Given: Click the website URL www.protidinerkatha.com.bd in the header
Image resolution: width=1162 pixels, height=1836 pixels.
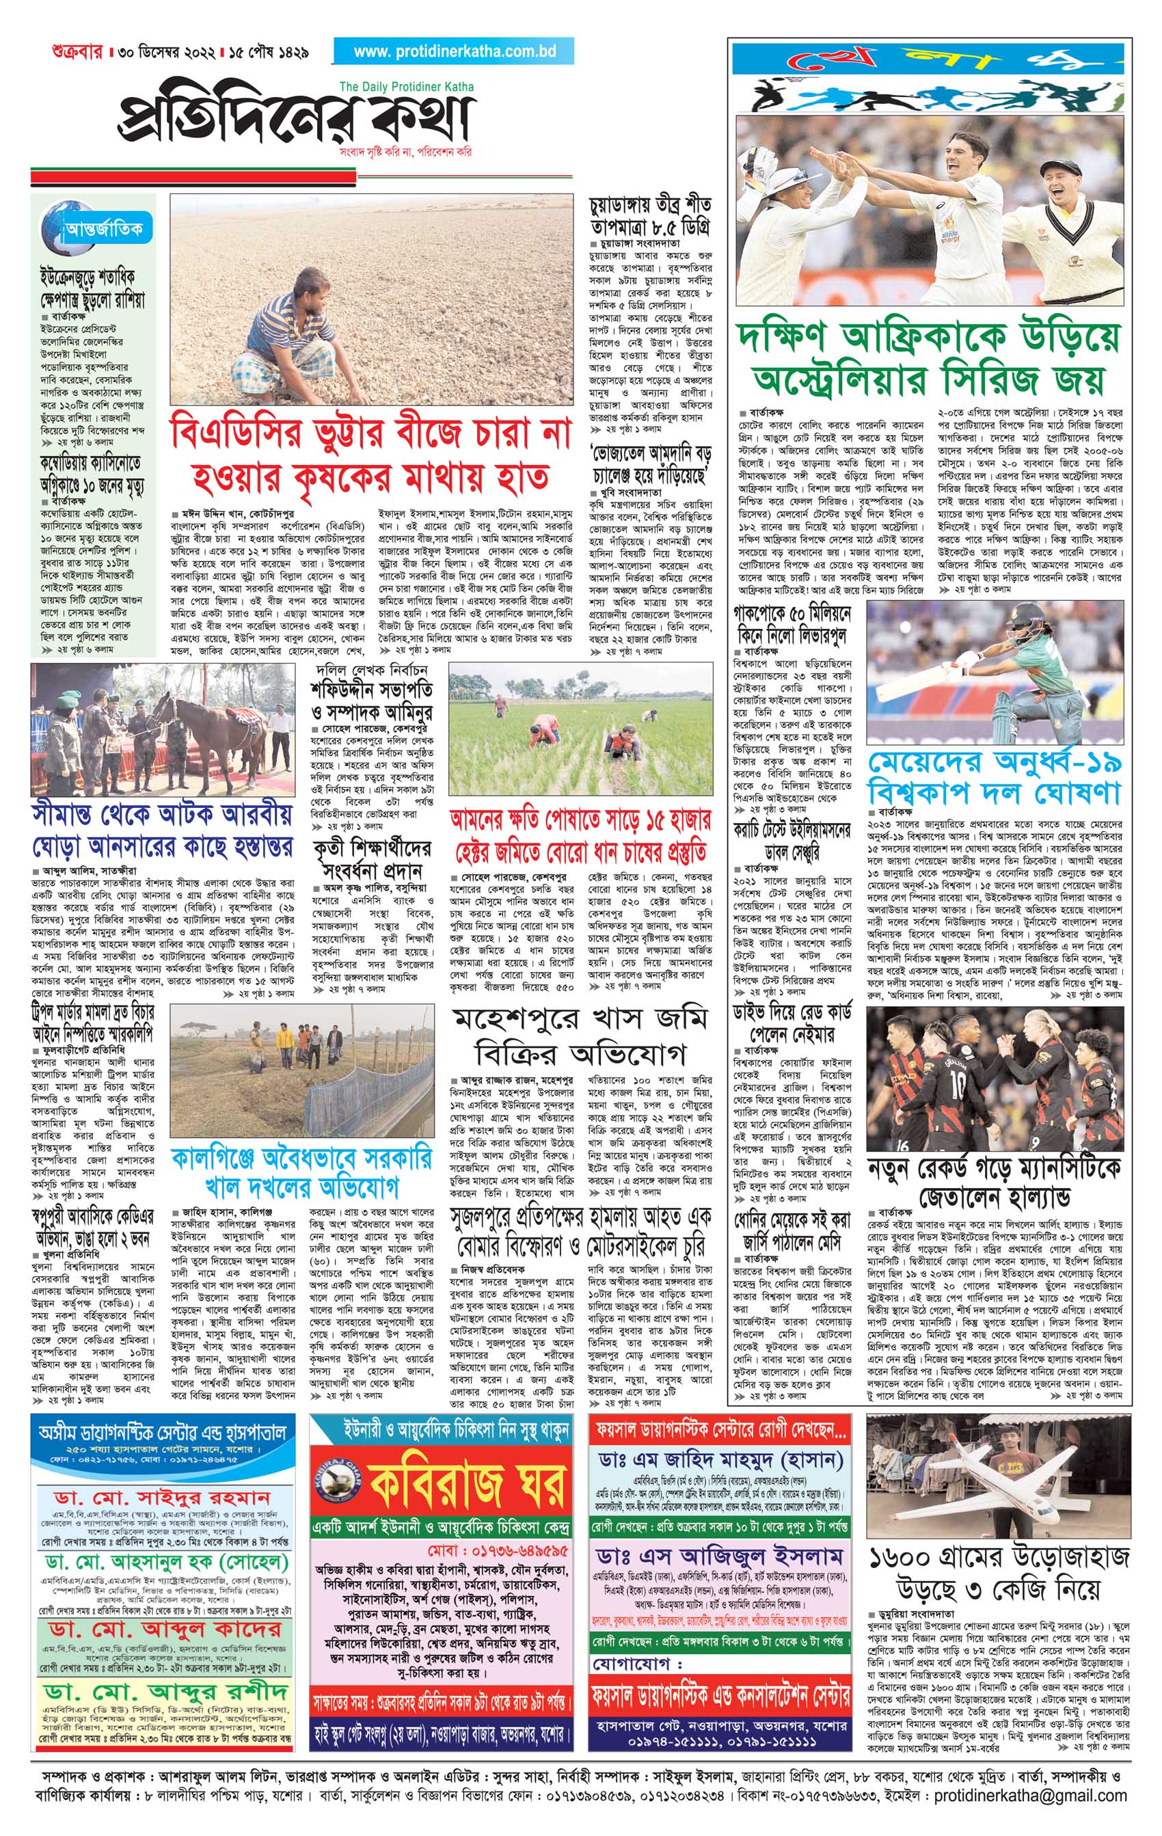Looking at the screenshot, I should [455, 52].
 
